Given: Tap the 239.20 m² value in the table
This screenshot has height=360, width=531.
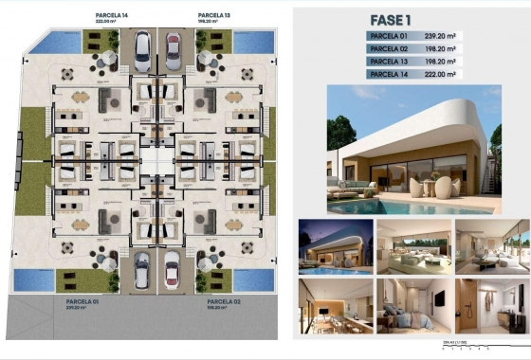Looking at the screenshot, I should tap(441, 36).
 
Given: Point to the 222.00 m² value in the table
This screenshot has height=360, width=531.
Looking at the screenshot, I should tap(441, 73).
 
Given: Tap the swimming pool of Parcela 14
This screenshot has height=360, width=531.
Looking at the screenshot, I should tap(60, 42).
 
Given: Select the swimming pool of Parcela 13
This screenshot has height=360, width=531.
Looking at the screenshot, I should tap(252, 42).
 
